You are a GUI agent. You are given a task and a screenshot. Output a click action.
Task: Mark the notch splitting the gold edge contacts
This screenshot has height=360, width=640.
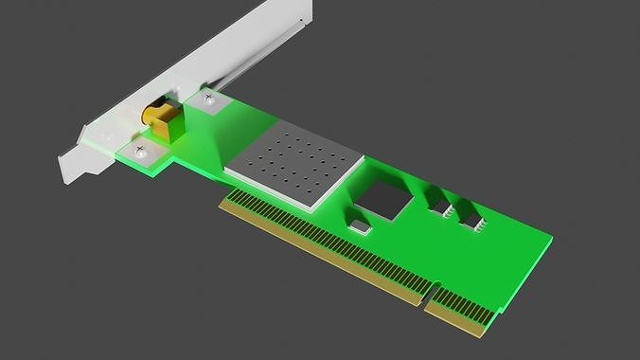click(425, 301)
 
